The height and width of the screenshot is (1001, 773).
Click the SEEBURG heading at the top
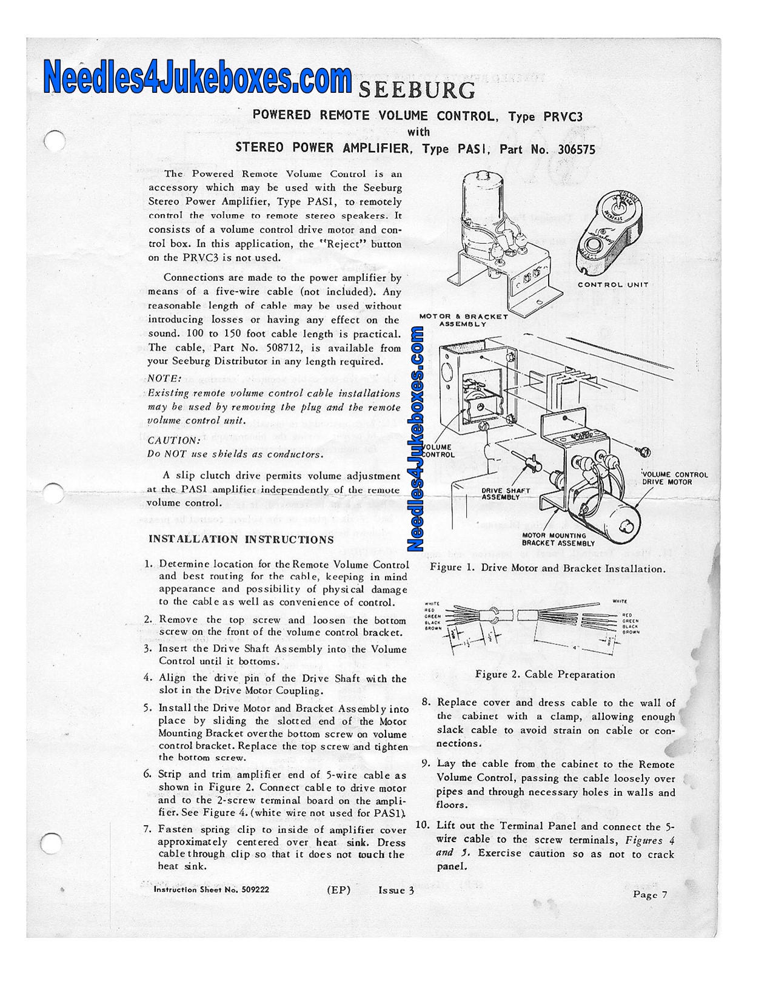click(x=417, y=90)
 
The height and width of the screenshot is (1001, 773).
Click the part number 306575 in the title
click(x=576, y=149)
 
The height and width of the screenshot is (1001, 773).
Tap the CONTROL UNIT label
click(x=612, y=285)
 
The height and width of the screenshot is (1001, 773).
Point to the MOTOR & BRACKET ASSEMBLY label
click(x=463, y=320)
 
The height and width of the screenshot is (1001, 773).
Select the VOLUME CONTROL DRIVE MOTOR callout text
click(x=675, y=478)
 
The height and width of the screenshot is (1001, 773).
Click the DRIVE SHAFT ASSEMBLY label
click(x=505, y=494)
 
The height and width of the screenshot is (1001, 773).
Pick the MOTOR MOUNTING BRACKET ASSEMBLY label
click(x=558, y=539)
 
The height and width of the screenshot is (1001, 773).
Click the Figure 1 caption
click(x=547, y=568)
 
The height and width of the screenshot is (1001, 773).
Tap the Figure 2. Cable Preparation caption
click(x=544, y=675)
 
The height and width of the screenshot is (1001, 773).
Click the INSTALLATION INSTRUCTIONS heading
click(x=241, y=539)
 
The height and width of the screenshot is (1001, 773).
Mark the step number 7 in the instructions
click(x=147, y=829)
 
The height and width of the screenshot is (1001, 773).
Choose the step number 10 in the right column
click(x=423, y=825)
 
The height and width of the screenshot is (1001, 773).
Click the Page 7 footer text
click(x=649, y=894)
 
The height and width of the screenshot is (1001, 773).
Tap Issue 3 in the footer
click(x=396, y=890)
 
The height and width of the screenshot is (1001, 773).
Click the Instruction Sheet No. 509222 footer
click(x=211, y=890)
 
